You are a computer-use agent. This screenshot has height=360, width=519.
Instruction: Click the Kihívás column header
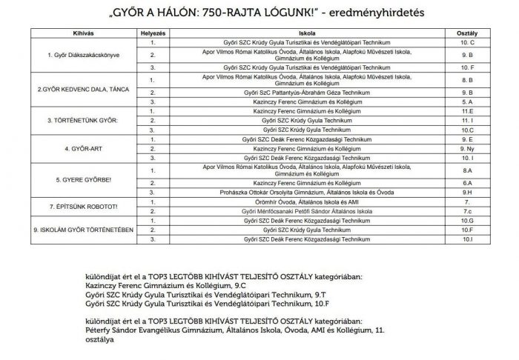click(x=72, y=34)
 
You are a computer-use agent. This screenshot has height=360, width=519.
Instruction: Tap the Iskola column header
click(x=301, y=34)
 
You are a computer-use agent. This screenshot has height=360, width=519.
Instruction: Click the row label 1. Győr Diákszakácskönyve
click(x=72, y=56)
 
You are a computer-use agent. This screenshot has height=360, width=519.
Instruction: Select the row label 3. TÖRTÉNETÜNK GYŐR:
click(x=72, y=119)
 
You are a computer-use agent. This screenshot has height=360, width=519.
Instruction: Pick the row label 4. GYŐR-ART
click(x=72, y=147)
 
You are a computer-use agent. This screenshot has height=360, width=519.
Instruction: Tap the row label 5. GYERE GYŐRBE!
click(x=72, y=179)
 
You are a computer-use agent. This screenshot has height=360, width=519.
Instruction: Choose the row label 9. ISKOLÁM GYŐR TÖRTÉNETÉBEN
click(x=72, y=230)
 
